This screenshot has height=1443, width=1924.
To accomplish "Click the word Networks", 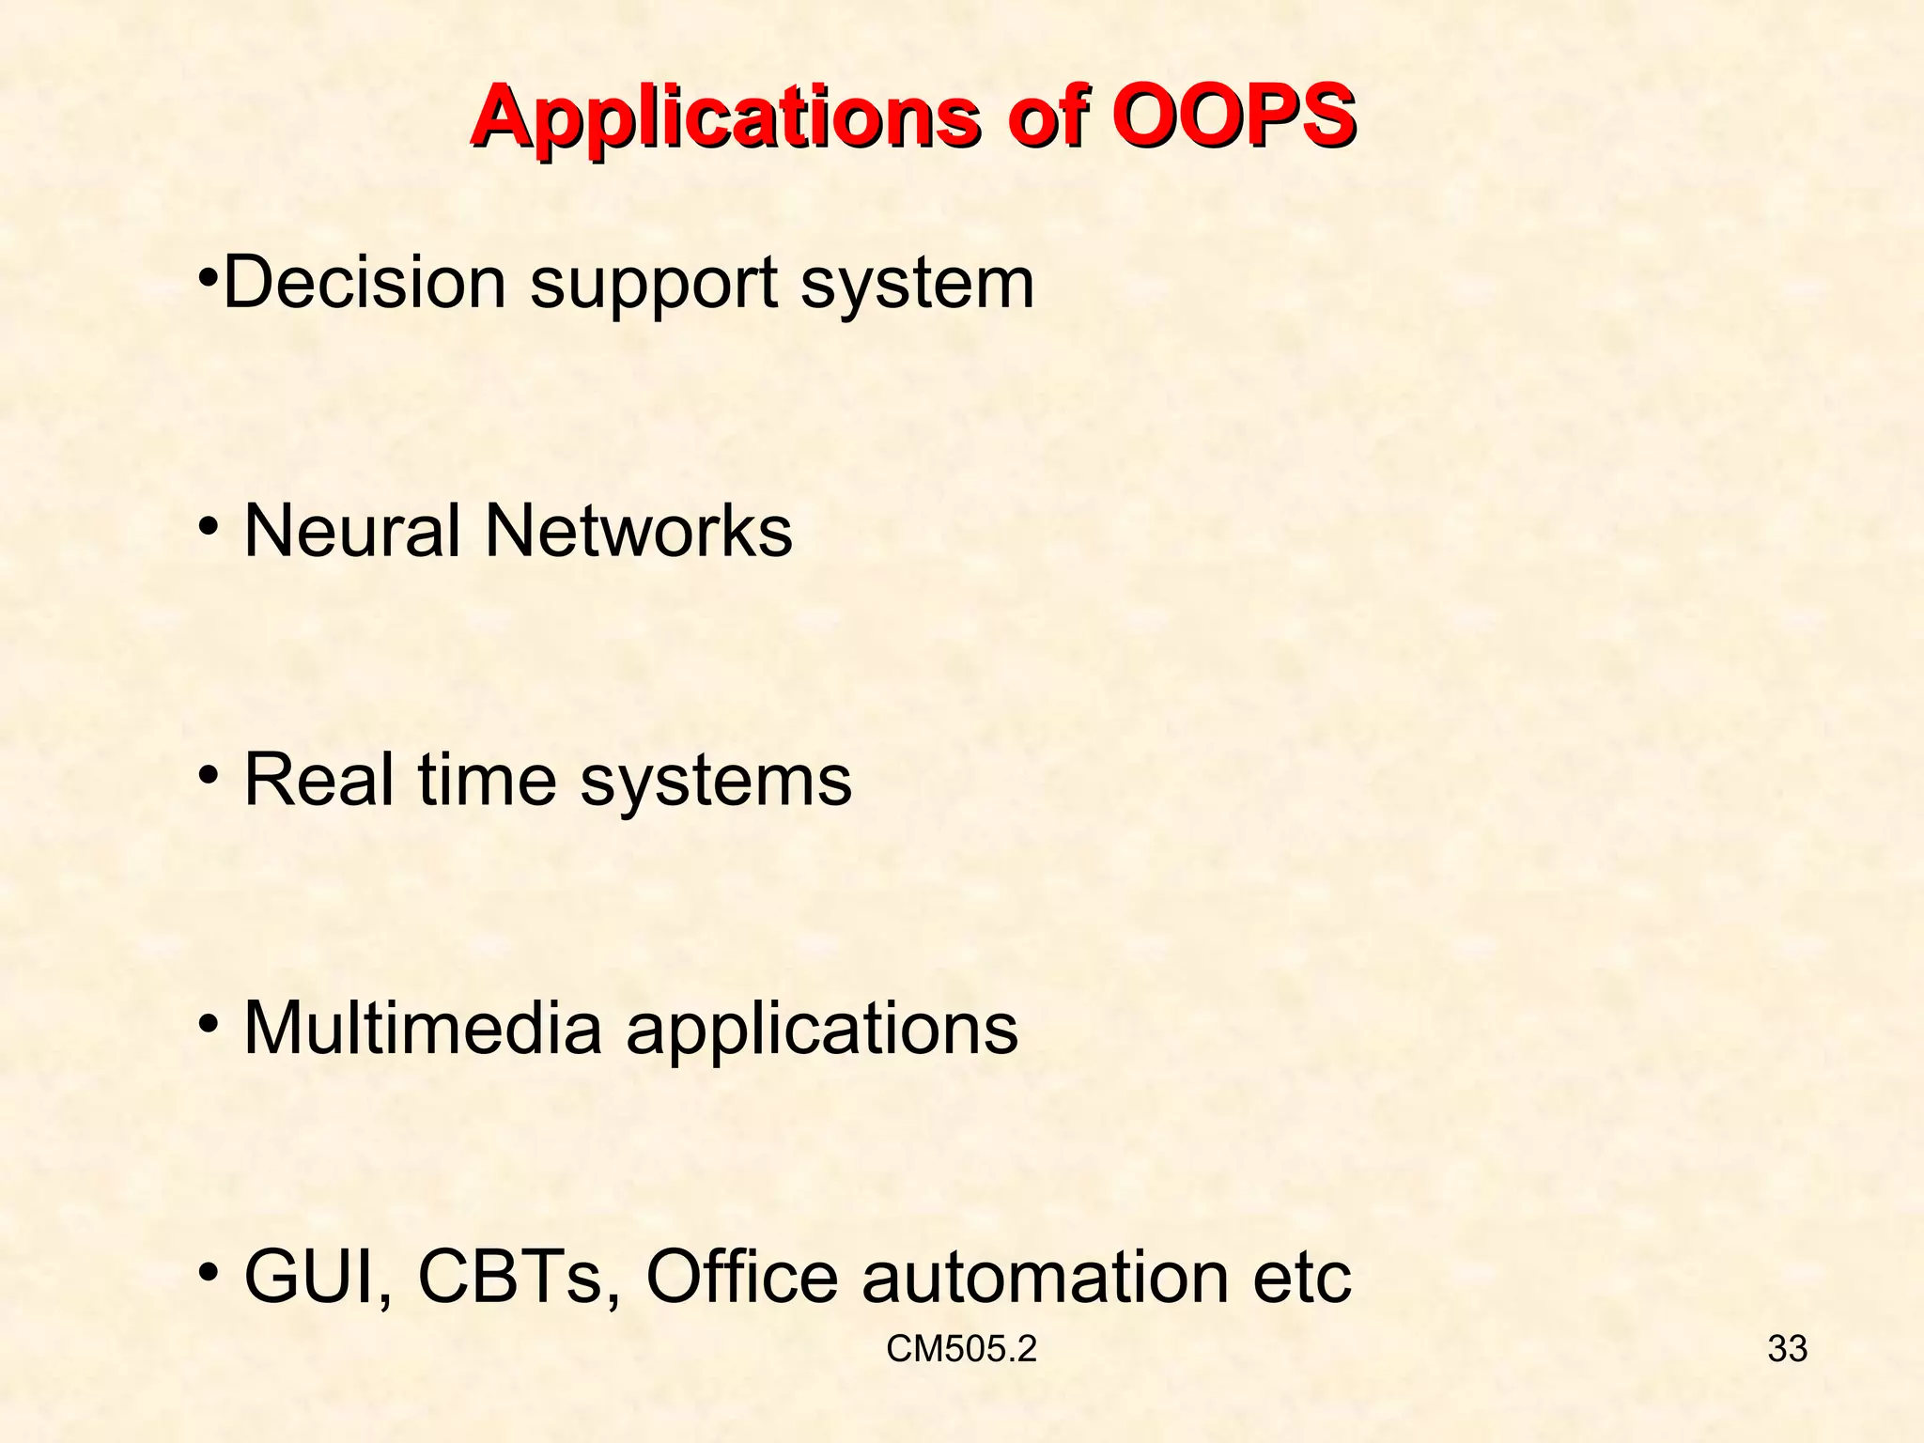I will coord(638,531).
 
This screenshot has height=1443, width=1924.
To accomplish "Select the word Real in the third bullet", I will coord(319,780).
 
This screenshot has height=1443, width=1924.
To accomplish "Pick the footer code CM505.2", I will coord(961,1349).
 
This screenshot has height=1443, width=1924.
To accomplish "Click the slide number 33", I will coord(1787,1349).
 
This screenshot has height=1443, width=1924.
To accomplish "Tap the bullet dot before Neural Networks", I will coord(208,526).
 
